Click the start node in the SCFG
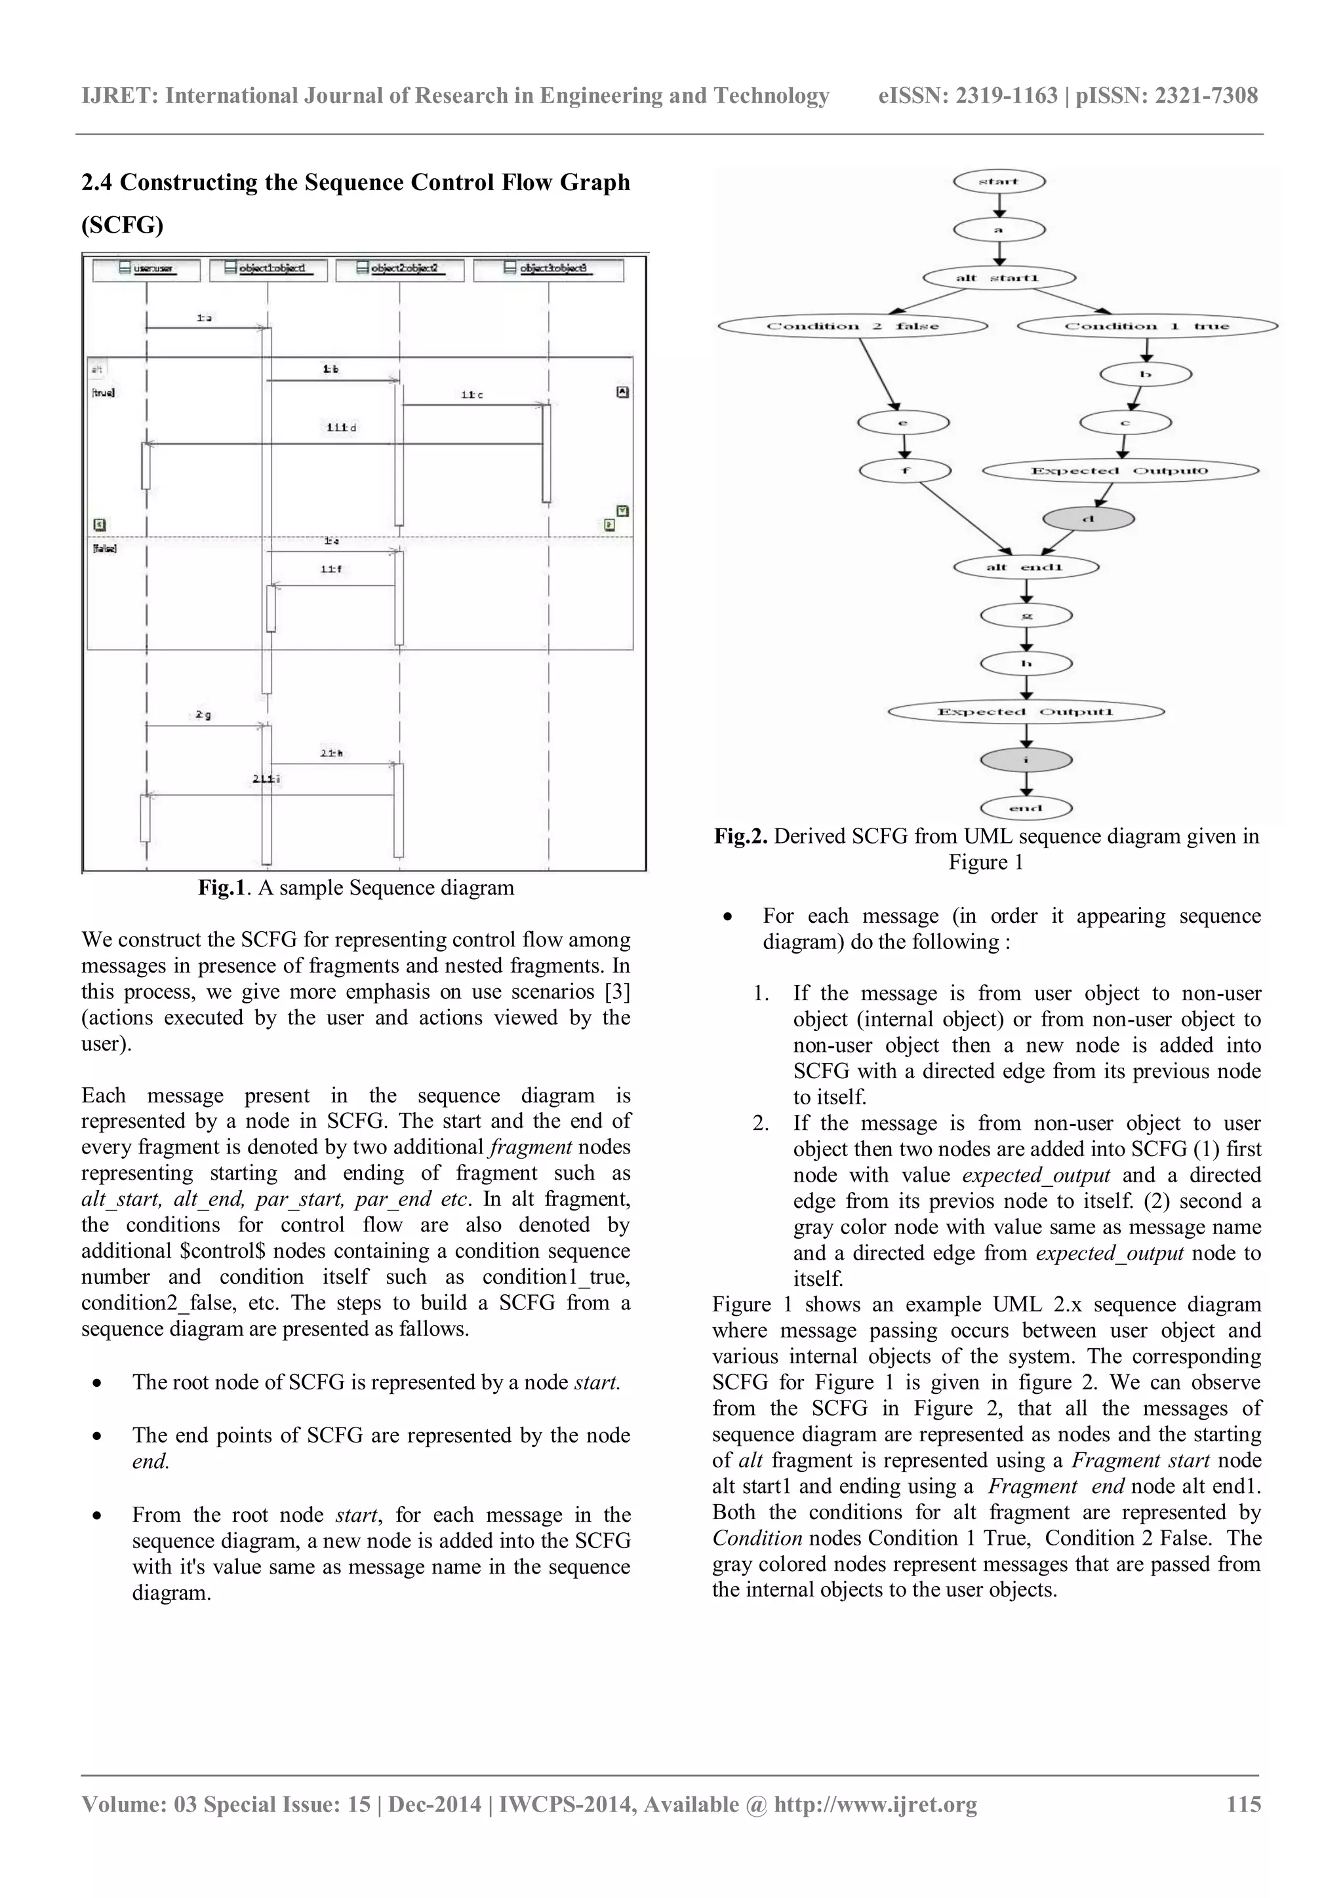pyautogui.click(x=998, y=181)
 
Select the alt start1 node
pyautogui.click(x=998, y=278)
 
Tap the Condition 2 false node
pyautogui.click(x=852, y=326)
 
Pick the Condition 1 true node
pyautogui.click(x=1146, y=326)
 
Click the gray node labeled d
pyautogui.click(x=1089, y=519)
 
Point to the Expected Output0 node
pyautogui.click(x=1121, y=471)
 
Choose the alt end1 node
pyautogui.click(x=1026, y=567)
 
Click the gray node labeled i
pyautogui.click(x=1026, y=760)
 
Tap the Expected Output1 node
pyautogui.click(x=1026, y=712)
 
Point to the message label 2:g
pyautogui.click(x=203, y=715)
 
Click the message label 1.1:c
pyautogui.click(x=471, y=395)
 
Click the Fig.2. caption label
pyautogui.click(x=741, y=836)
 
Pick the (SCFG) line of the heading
pyautogui.click(x=123, y=225)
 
